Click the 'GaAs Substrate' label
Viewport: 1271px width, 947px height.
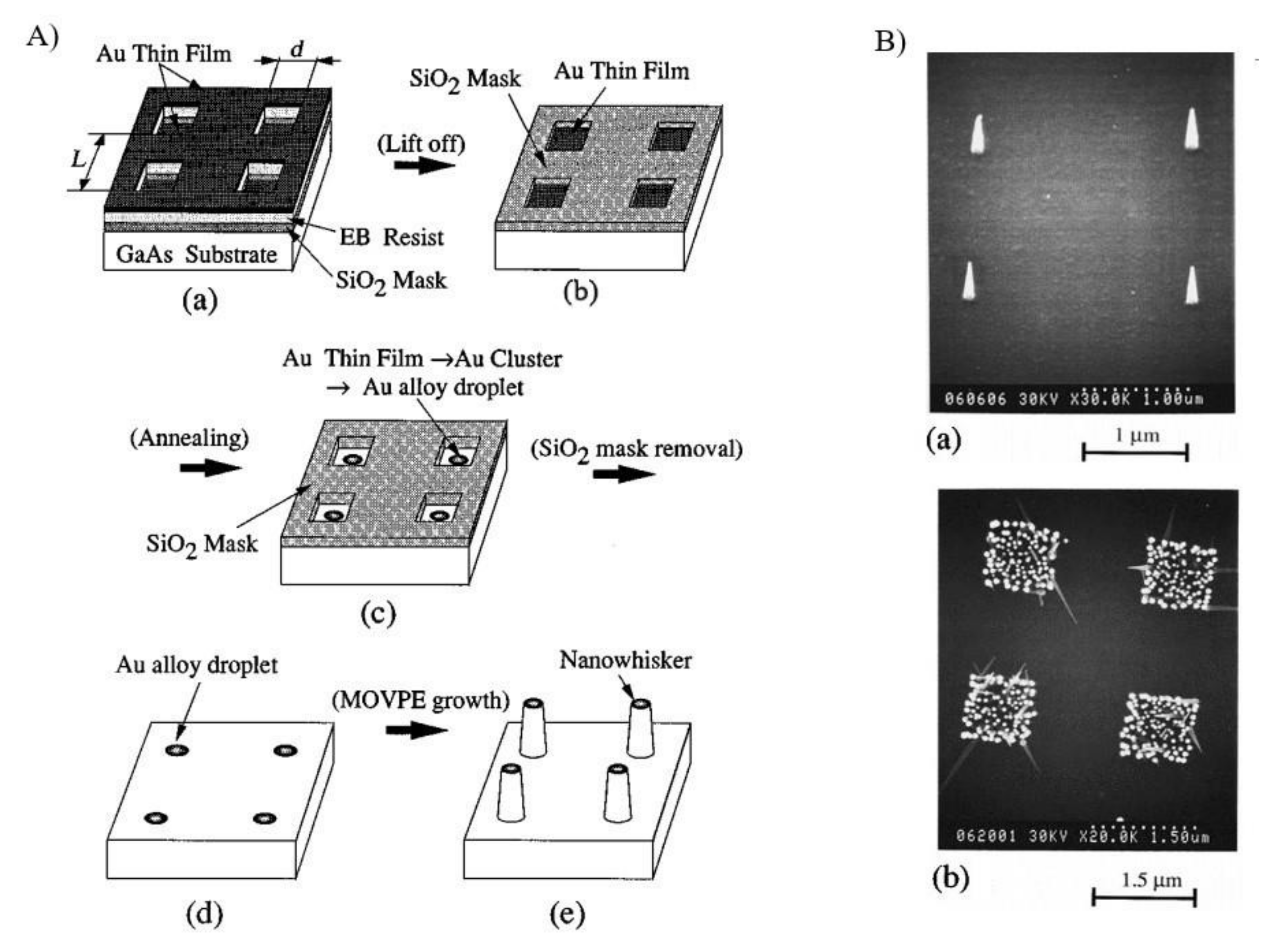click(196, 254)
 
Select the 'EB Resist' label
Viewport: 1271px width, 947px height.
click(392, 237)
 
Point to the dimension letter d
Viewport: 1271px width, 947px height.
click(296, 50)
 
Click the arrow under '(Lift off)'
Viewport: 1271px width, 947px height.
click(424, 165)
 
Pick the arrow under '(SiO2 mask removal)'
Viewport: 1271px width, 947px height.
click(624, 475)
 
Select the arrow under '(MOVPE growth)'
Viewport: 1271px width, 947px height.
click(416, 730)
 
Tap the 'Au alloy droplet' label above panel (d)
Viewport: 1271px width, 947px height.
click(197, 665)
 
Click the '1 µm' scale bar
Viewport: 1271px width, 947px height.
click(1135, 453)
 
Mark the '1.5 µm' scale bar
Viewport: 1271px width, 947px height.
click(1144, 897)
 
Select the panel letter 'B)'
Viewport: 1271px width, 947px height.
click(889, 42)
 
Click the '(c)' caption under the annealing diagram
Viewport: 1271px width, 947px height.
click(378, 613)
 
